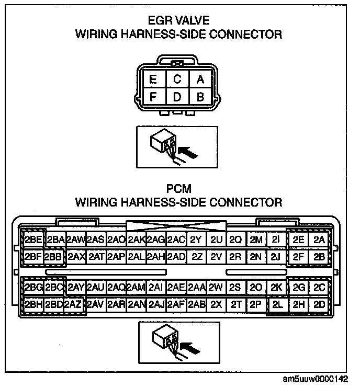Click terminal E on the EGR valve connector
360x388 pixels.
click(x=154, y=80)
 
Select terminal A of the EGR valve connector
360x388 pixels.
click(x=199, y=80)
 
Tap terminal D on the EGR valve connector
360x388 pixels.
click(x=177, y=96)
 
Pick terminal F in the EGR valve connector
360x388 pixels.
click(x=154, y=96)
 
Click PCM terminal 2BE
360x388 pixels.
click(x=33, y=240)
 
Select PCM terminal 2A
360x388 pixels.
click(x=319, y=240)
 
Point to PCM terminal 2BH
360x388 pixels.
click(x=33, y=304)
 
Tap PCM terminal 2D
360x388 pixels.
click(x=319, y=304)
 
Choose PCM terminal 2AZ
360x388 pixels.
click(x=74, y=304)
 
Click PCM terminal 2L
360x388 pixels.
click(x=277, y=304)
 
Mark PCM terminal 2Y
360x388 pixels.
click(x=196, y=240)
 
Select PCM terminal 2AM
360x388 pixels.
click(x=136, y=288)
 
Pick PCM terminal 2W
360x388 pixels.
click(x=216, y=288)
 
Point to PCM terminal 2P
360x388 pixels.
click(x=256, y=304)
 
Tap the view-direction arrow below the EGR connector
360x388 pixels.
click(x=189, y=152)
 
